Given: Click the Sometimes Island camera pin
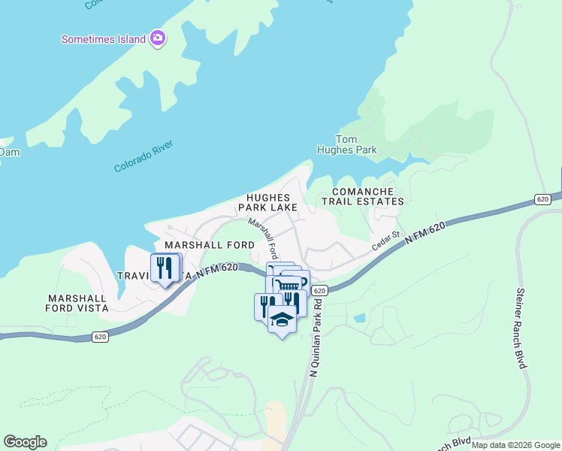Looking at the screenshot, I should point(157,38).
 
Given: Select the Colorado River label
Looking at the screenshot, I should point(144,156).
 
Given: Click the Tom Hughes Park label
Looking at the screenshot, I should point(355,144).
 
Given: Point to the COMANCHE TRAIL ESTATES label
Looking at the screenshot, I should point(362,197).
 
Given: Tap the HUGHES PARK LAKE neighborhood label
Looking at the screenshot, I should point(267,202).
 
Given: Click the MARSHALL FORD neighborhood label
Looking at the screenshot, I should point(210,246).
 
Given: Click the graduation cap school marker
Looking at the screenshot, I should point(282,319).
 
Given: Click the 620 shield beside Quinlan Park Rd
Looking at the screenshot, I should point(319,290).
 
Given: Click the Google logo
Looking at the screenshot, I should point(25,442).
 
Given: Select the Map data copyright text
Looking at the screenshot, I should point(515,445).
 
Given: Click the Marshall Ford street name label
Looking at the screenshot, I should point(264,239).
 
